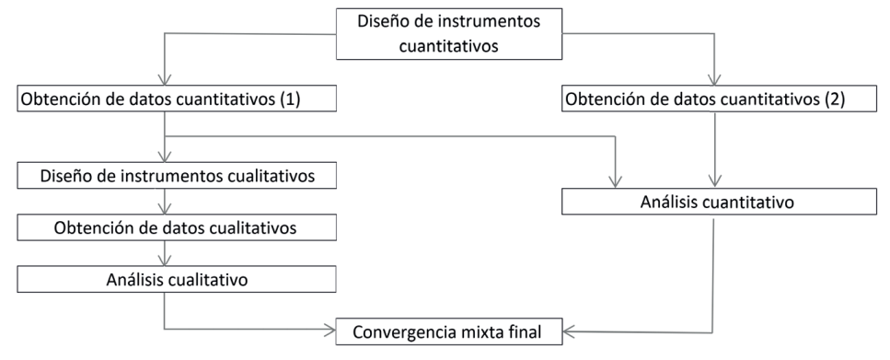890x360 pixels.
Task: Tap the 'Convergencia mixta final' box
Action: point(448,331)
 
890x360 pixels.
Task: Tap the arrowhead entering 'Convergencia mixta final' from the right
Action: point(569,330)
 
